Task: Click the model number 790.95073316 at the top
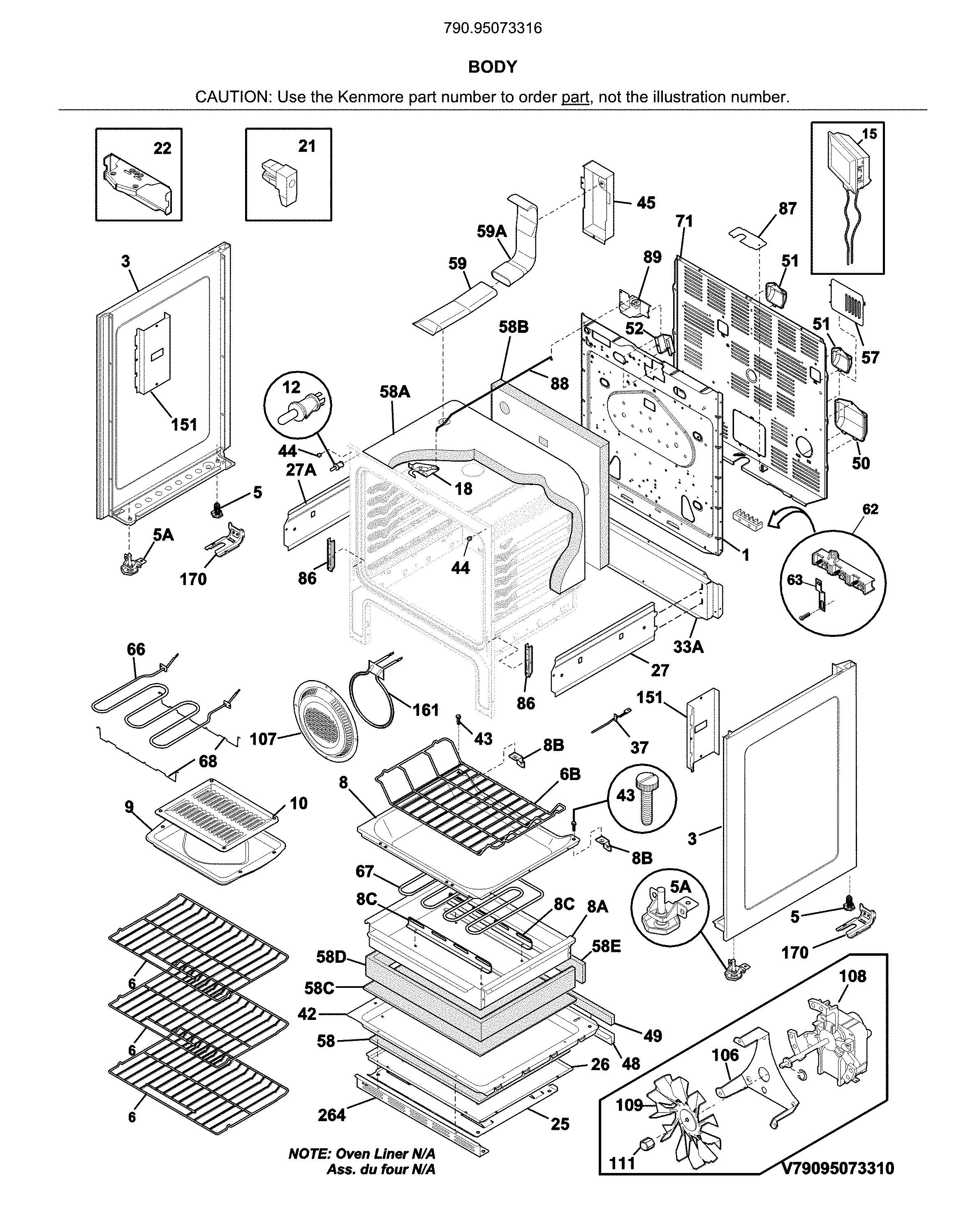click(x=492, y=28)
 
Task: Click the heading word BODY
click(x=492, y=67)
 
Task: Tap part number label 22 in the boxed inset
click(x=162, y=148)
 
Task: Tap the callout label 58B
click(x=513, y=327)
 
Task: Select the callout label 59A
click(x=491, y=231)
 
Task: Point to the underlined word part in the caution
click(x=575, y=97)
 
